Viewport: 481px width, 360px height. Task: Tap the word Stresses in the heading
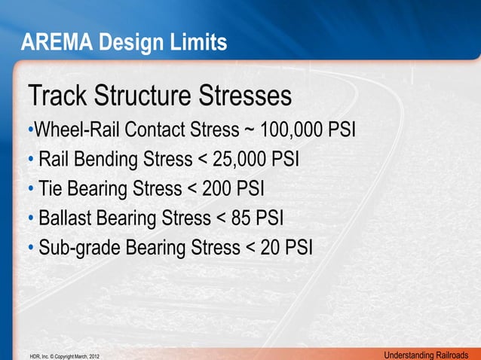pos(240,97)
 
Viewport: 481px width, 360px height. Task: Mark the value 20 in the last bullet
pos(269,247)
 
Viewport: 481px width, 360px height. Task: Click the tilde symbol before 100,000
pos(250,130)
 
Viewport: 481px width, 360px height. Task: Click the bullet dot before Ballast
pos(31,218)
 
